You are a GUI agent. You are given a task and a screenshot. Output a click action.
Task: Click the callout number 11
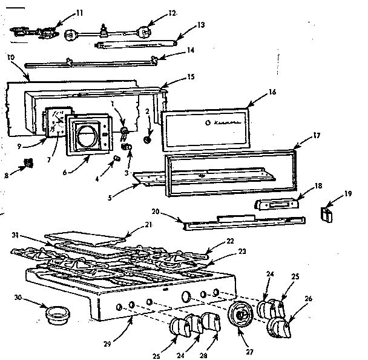pos(79,12)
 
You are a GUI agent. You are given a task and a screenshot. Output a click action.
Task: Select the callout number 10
pos(11,57)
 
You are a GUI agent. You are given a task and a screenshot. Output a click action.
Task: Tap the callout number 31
pos(15,235)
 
